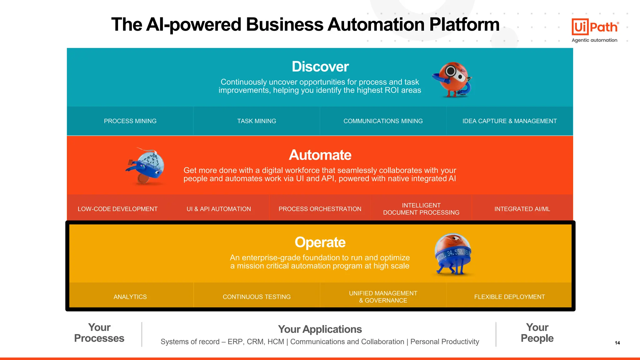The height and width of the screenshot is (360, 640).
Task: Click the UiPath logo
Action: [x=594, y=27]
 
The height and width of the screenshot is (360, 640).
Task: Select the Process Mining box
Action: [x=130, y=121]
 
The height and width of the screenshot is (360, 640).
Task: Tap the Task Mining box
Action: [x=257, y=121]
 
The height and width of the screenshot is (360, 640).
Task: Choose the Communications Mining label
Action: [x=383, y=121]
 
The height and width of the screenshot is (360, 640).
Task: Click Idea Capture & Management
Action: [x=509, y=121]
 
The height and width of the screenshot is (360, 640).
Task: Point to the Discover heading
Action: [x=320, y=67]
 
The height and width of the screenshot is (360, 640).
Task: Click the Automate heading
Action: [x=320, y=155]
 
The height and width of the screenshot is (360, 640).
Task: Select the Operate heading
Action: [x=320, y=242]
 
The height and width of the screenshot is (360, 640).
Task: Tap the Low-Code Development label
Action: [x=117, y=209]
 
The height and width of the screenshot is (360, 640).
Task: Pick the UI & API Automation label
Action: [x=219, y=209]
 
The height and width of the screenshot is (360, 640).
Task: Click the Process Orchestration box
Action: [x=320, y=209]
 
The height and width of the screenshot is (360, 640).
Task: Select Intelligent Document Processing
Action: [x=421, y=209]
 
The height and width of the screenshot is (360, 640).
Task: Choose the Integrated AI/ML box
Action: [x=522, y=209]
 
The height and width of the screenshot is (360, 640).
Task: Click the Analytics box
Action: [x=130, y=297]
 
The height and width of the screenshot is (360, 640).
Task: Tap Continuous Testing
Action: [x=257, y=297]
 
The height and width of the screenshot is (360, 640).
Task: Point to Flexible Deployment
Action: [x=509, y=297]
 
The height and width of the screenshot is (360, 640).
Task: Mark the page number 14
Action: [x=617, y=343]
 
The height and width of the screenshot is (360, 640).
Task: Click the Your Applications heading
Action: [x=320, y=329]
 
